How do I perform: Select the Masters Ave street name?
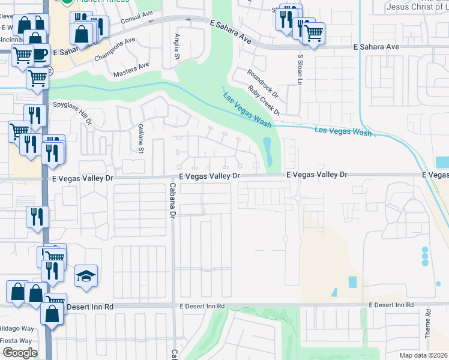click(131, 70)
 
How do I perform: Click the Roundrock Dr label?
click(263, 83)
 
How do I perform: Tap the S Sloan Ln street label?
click(300, 69)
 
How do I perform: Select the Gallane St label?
click(140, 139)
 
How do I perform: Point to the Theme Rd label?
click(428, 324)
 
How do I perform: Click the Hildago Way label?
click(17, 328)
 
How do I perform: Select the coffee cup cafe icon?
click(39, 53)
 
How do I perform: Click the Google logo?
click(20, 353)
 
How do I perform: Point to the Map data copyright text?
click(424, 355)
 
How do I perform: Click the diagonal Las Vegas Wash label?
click(247, 110)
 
